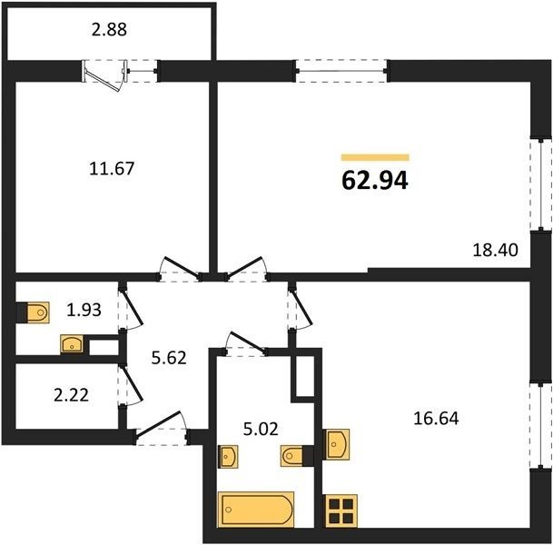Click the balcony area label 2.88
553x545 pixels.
tap(109, 30)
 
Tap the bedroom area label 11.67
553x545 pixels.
tap(112, 168)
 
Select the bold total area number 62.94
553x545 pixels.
tap(375, 180)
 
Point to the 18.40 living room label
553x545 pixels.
tap(495, 250)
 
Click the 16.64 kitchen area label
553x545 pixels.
tap(436, 419)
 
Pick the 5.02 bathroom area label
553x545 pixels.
tap(261, 429)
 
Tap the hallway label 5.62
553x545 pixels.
tap(169, 358)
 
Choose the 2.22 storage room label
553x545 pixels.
tap(71, 395)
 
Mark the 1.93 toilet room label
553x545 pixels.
tap(84, 310)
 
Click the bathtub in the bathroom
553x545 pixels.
tap(256, 510)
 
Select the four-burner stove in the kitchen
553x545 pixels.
tap(341, 511)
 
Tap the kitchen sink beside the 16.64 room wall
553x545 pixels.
tap(337, 444)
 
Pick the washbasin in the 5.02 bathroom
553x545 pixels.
tap(228, 457)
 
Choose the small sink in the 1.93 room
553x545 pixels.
tap(72, 344)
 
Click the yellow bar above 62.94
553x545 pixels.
tap(375, 157)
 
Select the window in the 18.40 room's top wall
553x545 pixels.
tap(341, 71)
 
